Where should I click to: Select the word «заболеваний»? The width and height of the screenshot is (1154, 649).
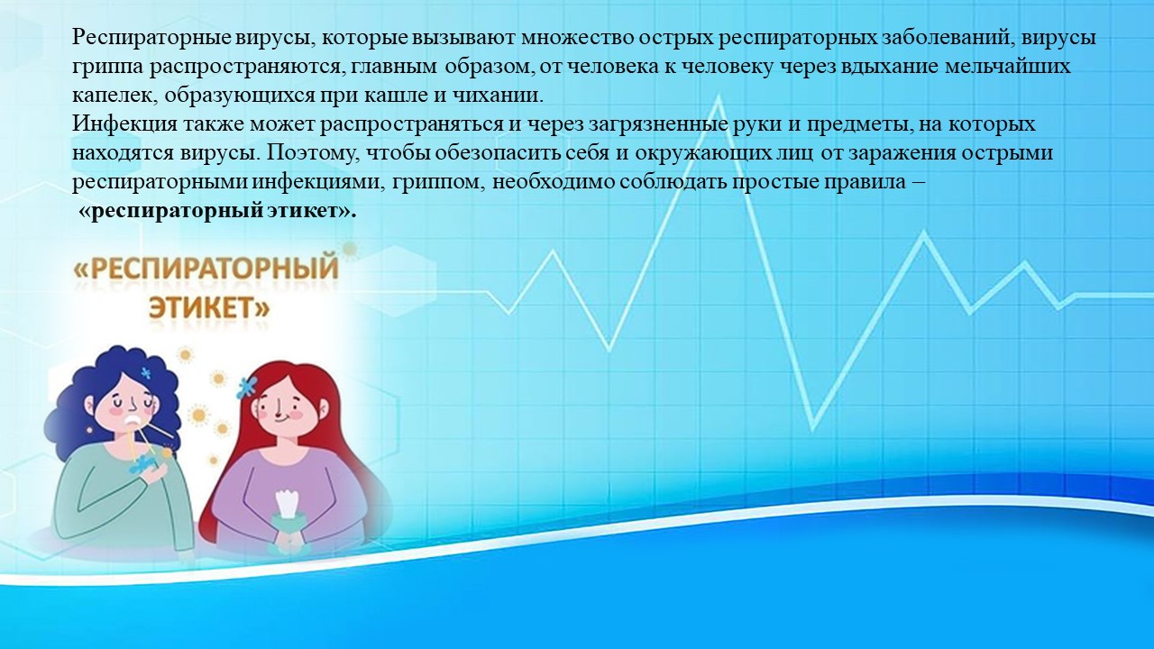(x=943, y=38)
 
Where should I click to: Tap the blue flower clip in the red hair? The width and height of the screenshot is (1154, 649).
(x=246, y=387)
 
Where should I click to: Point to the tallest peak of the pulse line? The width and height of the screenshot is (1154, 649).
(x=718, y=99)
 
